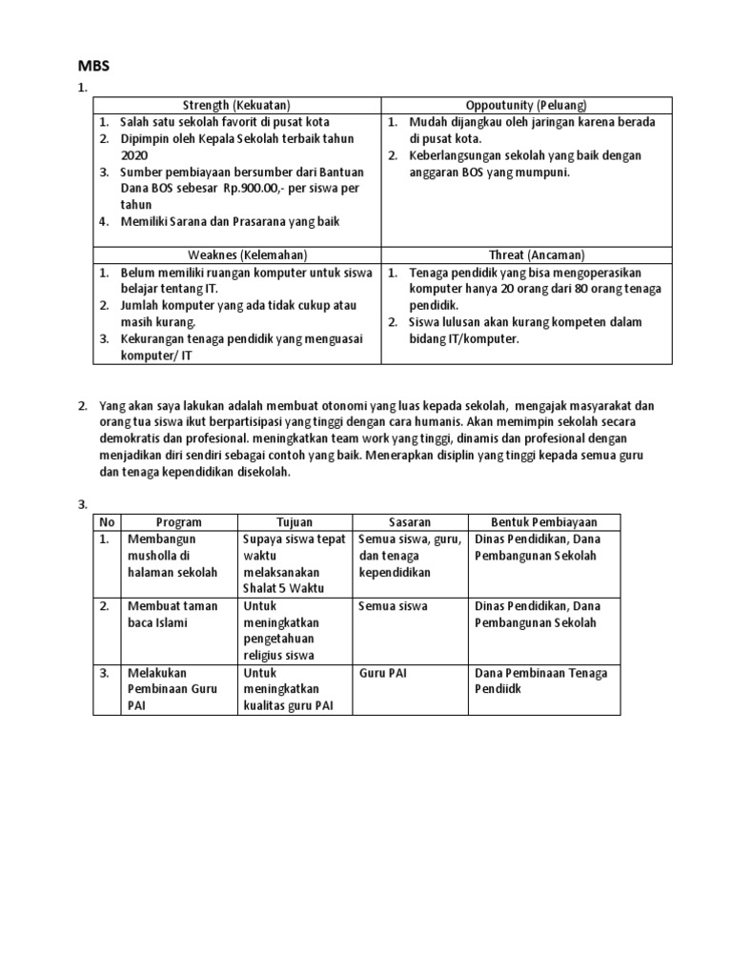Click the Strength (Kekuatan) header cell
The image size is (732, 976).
pos(237,105)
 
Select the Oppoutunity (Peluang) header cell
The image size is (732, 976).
pos(526,105)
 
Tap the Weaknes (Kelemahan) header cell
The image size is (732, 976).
pos(237,254)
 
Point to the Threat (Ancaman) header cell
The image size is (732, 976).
pos(526,254)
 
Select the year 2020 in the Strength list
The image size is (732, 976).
pos(134,154)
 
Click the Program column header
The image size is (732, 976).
pos(177,522)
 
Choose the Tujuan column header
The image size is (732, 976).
pos(295,522)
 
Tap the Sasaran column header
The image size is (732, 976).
pos(410,522)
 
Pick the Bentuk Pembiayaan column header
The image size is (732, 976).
pos(544,522)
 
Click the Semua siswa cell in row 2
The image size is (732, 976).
pos(393,606)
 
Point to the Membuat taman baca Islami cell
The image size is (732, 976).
pos(173,614)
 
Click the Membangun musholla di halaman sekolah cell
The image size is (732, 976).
pos(173,556)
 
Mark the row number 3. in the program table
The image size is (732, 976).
pos(106,673)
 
